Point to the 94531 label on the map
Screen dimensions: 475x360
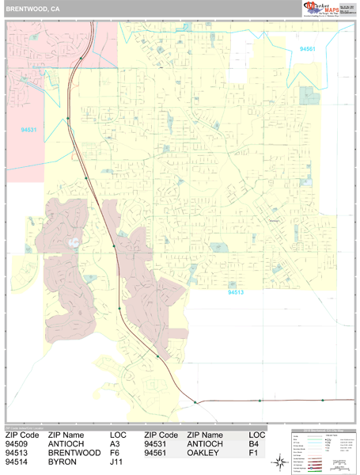click(x=28, y=128)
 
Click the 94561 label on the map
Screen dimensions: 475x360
click(x=308, y=49)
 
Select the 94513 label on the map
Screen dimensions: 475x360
click(x=237, y=292)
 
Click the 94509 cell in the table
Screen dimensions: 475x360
click(x=21, y=444)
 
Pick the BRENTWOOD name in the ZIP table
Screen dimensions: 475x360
click(x=74, y=453)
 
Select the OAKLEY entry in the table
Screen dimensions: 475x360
click(x=203, y=453)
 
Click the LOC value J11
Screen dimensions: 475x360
click(x=117, y=462)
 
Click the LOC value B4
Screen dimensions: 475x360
click(x=254, y=444)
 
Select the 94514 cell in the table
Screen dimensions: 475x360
click(x=21, y=462)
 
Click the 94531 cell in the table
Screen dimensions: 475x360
click(x=161, y=444)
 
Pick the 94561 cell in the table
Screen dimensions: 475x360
click(x=161, y=453)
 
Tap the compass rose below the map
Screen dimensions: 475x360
click(x=280, y=462)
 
